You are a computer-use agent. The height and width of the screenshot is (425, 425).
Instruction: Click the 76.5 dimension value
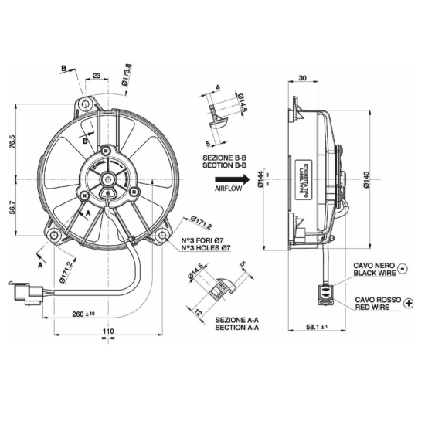click(x=13, y=143)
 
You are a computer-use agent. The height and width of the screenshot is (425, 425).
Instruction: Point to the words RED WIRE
click(x=375, y=307)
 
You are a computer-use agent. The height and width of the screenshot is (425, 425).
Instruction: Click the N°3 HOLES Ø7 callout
click(x=205, y=248)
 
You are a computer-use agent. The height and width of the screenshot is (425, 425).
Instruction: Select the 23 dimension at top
click(x=97, y=75)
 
